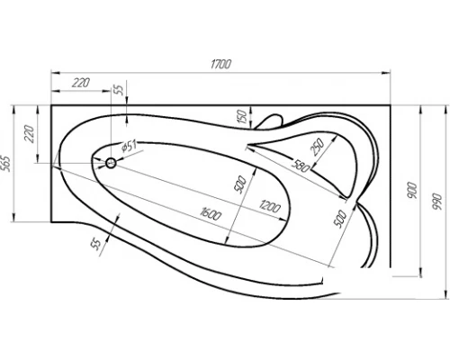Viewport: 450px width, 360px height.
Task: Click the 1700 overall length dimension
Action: click(x=220, y=64)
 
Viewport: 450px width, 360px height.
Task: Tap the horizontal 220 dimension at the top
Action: click(x=81, y=83)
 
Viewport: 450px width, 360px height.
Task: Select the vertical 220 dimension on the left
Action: click(x=30, y=134)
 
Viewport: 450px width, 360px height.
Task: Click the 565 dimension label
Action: click(x=6, y=164)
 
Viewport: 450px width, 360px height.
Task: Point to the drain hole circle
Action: click(x=111, y=163)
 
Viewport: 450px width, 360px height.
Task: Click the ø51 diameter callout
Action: click(x=129, y=147)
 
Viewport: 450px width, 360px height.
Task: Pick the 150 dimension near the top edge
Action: click(x=242, y=117)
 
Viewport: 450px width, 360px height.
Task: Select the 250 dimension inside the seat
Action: click(x=318, y=147)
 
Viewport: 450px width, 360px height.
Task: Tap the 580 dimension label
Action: click(x=301, y=166)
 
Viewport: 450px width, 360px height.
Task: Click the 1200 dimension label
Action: click(x=270, y=206)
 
